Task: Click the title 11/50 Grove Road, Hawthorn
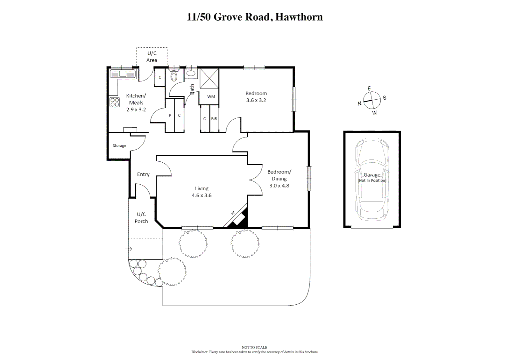coord(254,17)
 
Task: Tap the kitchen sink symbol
coord(123,74)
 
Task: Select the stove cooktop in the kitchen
coord(115,102)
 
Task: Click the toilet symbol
coord(174,76)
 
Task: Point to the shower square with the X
coord(209,79)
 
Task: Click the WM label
coord(211,97)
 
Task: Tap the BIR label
coord(214,119)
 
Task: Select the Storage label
coord(119,146)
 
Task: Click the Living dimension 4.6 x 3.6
coord(202,196)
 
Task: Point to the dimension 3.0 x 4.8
coord(279,186)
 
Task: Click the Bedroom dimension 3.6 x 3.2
coord(256,100)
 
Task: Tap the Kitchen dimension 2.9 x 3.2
coord(136,110)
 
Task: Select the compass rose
coord(372,100)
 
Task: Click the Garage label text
coord(372,175)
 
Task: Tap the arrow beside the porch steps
coord(129,249)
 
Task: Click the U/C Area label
coord(152,57)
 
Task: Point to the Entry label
coord(143,174)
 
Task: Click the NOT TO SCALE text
coord(254,347)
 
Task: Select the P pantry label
coord(170,116)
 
